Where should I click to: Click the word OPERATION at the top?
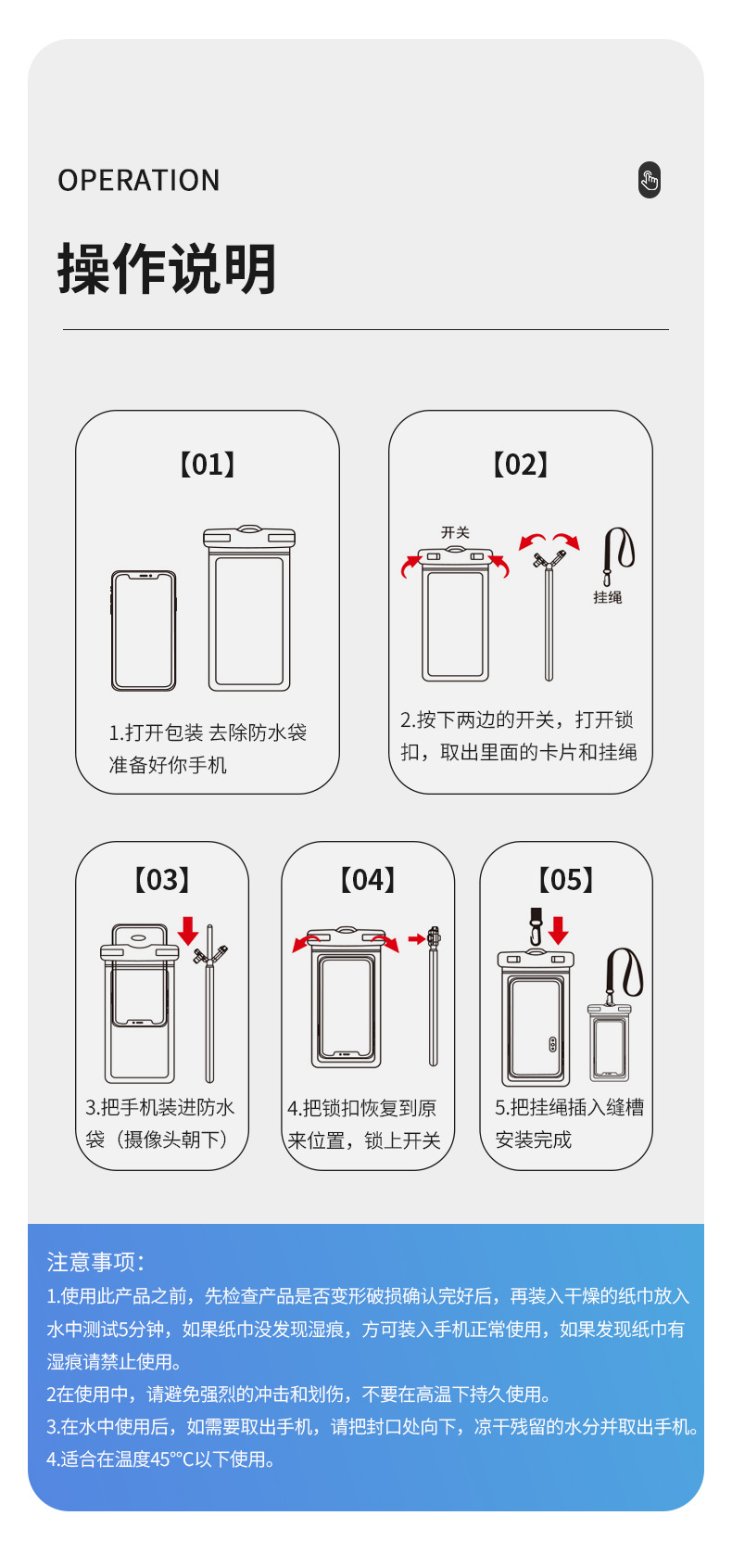pos(139,180)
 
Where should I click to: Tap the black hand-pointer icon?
pos(650,180)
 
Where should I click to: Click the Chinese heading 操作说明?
pos(167,269)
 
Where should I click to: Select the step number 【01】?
pos(207,465)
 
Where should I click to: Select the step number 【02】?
pos(520,465)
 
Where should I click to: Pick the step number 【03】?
pos(162,880)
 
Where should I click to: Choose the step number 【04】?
pos(368,880)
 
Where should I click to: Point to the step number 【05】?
pos(566,880)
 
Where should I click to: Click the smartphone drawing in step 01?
pos(144,630)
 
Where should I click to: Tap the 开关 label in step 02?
pos(455,532)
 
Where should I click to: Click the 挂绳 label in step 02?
pos(608,597)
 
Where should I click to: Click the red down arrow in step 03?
pos(188,930)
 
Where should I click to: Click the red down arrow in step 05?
pos(558,930)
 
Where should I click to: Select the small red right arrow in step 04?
pos(416,939)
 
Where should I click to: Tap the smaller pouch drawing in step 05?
pos(609,1043)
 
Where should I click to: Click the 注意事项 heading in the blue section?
pos(95,1262)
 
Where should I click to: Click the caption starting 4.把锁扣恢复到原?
pos(361,1108)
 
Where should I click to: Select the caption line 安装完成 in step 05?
pos(534,1140)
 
